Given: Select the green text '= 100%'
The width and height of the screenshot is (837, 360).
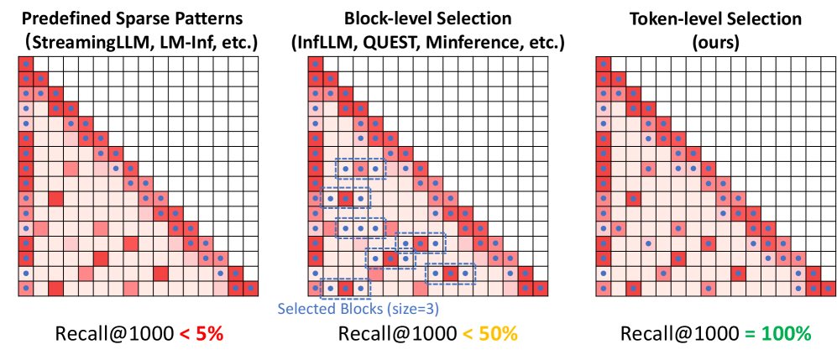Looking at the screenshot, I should (x=776, y=333).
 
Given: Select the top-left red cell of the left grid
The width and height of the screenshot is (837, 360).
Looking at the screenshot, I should (x=25, y=64).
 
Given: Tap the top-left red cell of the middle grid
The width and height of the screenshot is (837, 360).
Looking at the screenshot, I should (x=314, y=64).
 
